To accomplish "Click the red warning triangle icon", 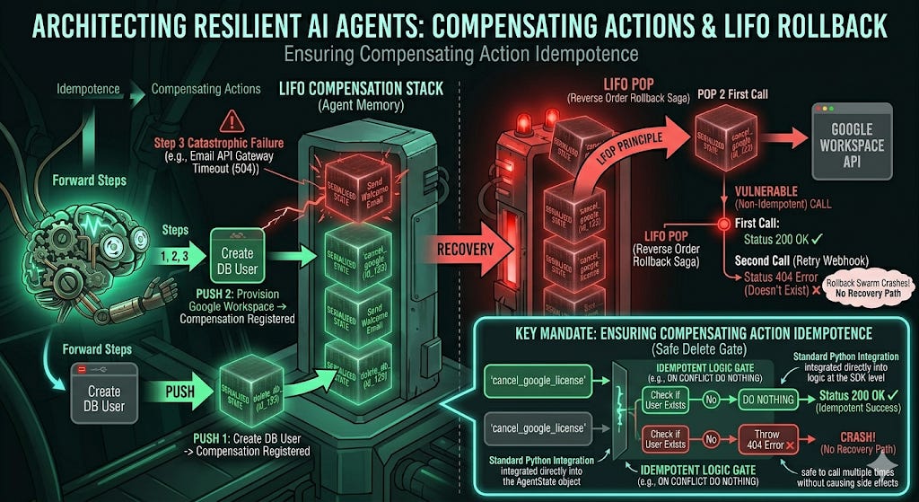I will [232, 119].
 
